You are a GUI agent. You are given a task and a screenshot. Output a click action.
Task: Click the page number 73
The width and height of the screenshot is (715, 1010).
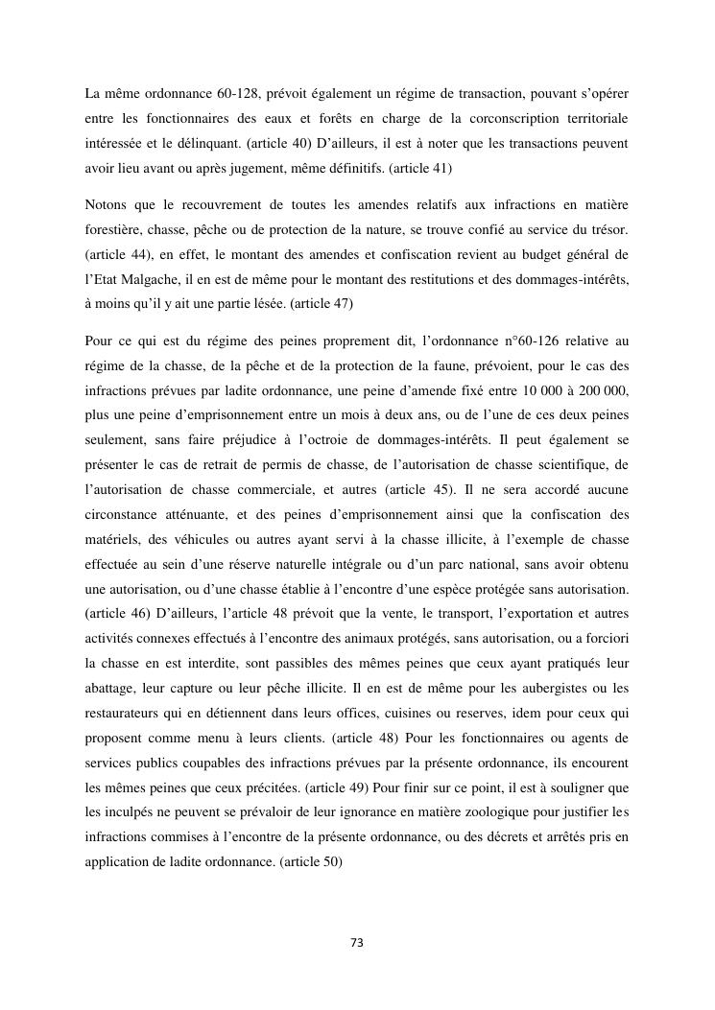[x=357, y=943]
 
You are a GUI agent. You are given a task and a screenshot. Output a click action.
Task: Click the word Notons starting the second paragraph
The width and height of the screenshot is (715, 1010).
[x=106, y=206]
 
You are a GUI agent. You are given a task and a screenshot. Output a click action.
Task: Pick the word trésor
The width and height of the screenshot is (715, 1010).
[x=606, y=231]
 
